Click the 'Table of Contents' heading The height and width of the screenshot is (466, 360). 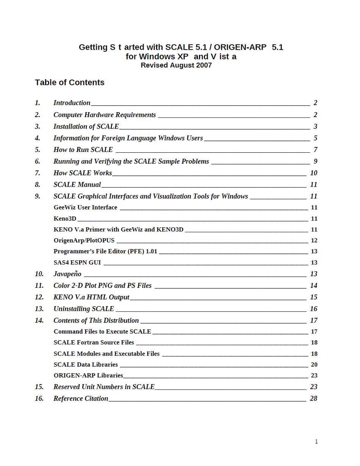[x=69, y=83]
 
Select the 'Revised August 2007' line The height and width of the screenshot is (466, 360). [x=176, y=65]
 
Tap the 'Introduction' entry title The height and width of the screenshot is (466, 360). [x=72, y=103]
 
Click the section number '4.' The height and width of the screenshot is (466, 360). [x=38, y=138]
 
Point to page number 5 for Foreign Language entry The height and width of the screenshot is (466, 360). [x=315, y=138]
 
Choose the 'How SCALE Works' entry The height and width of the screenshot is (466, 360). [x=83, y=173]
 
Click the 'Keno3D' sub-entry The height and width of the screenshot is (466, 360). [x=65, y=219]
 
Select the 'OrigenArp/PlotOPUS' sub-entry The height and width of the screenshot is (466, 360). [x=84, y=241]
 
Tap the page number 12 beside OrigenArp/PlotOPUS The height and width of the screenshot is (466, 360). [x=314, y=241]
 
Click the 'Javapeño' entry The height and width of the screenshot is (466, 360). [x=67, y=274]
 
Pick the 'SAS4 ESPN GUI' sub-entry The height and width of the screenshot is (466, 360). [x=77, y=263]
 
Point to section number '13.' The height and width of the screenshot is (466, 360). [x=39, y=309]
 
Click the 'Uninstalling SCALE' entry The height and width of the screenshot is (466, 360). [x=84, y=309]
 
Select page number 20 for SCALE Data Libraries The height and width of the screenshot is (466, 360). [x=314, y=364]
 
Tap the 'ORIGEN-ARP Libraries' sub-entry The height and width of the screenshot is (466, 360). [x=88, y=375]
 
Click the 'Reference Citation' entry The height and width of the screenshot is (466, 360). [x=81, y=399]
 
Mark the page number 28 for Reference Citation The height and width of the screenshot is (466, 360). [x=313, y=399]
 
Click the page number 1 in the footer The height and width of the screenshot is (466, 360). [x=316, y=441]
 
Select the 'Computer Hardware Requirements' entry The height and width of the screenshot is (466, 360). [x=105, y=115]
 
